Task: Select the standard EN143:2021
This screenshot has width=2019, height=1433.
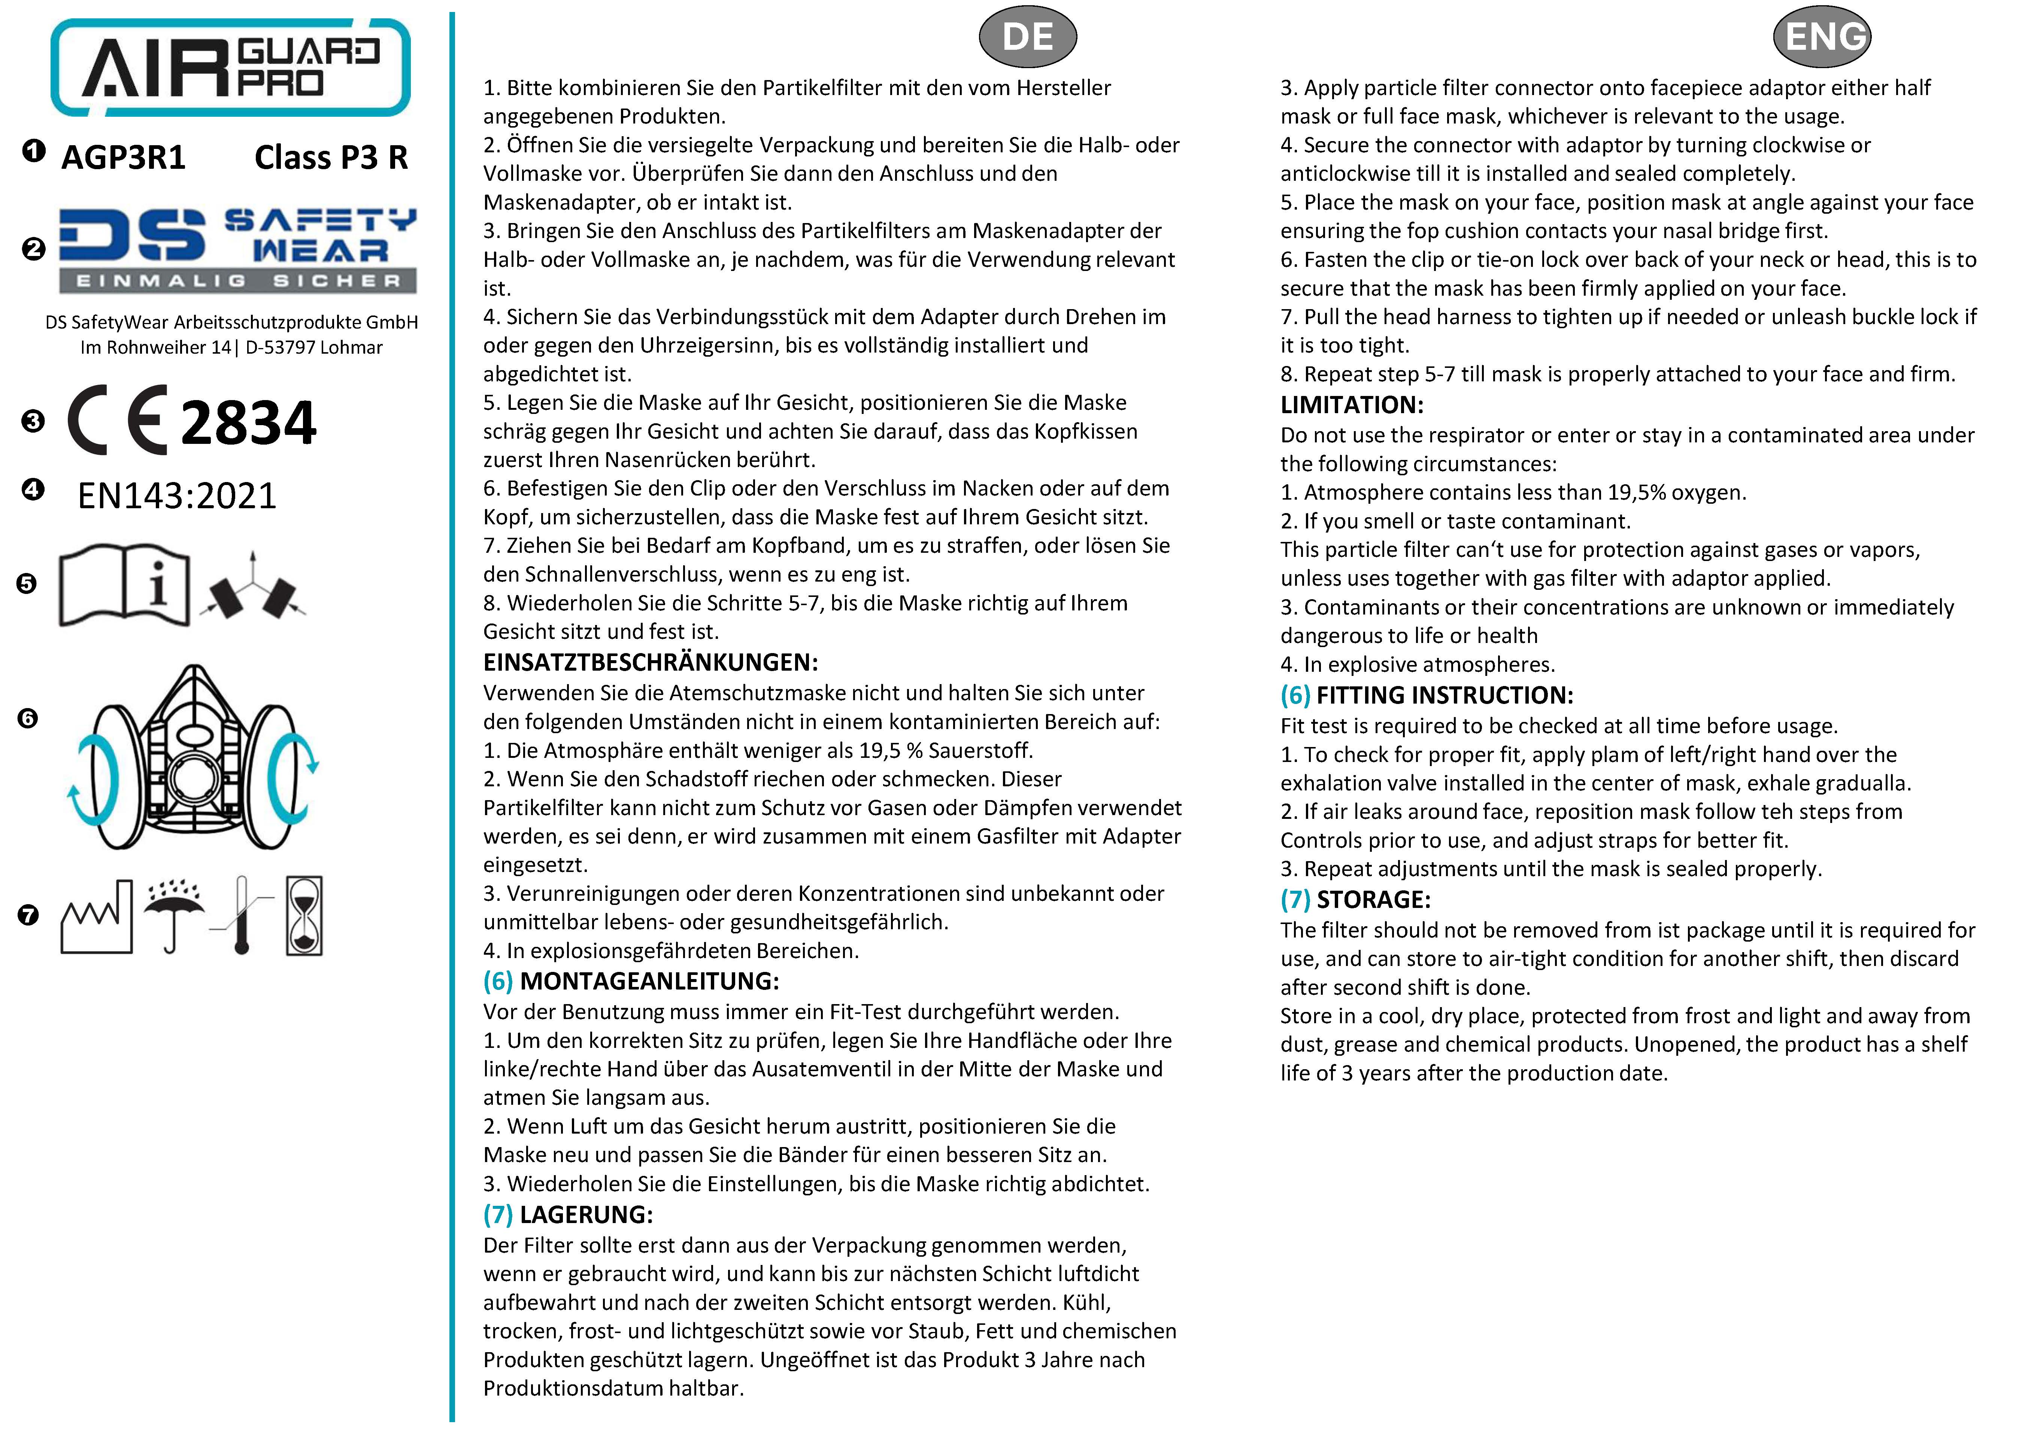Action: click(x=176, y=496)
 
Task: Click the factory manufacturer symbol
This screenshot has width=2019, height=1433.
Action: click(x=96, y=918)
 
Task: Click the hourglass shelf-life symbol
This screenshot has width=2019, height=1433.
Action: click(x=304, y=916)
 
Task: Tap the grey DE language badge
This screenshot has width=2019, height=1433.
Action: click(x=1028, y=37)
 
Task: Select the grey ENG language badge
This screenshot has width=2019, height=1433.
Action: click(x=1822, y=37)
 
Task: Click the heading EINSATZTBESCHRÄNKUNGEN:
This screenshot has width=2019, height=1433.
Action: click(x=651, y=663)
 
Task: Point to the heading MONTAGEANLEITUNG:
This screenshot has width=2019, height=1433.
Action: click(x=649, y=981)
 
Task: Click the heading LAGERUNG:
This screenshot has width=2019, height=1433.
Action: click(x=586, y=1215)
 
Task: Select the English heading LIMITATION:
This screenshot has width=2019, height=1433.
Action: click(x=1352, y=405)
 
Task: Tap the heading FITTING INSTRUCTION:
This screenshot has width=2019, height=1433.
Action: click(x=1444, y=695)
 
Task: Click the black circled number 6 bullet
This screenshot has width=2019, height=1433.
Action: click(x=28, y=718)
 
